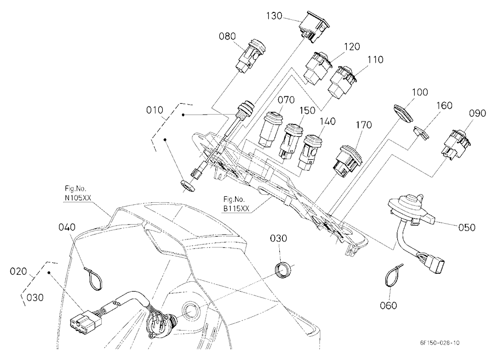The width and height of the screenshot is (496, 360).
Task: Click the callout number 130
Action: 274,15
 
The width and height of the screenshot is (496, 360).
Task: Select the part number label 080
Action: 227,36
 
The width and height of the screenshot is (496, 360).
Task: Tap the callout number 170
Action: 364,125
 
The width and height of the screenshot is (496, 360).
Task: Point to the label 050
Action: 467,227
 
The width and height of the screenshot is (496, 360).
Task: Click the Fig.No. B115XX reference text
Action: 236,204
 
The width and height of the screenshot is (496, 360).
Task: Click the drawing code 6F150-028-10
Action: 439,343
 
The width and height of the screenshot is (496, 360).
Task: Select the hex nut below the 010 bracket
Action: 187,185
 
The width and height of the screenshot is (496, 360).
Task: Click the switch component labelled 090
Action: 455,144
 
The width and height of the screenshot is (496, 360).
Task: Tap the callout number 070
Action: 286,100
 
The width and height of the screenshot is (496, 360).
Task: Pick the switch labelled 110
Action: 342,81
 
